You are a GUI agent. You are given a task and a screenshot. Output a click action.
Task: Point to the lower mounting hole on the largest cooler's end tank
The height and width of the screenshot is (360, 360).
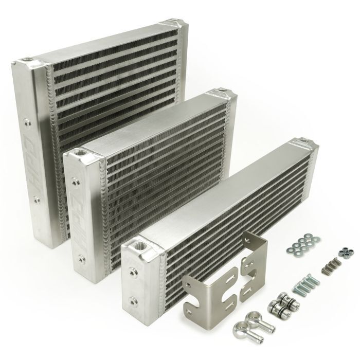coord(37,197)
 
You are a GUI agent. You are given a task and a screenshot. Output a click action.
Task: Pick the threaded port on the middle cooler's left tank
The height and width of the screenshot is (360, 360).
coord(81,153)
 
